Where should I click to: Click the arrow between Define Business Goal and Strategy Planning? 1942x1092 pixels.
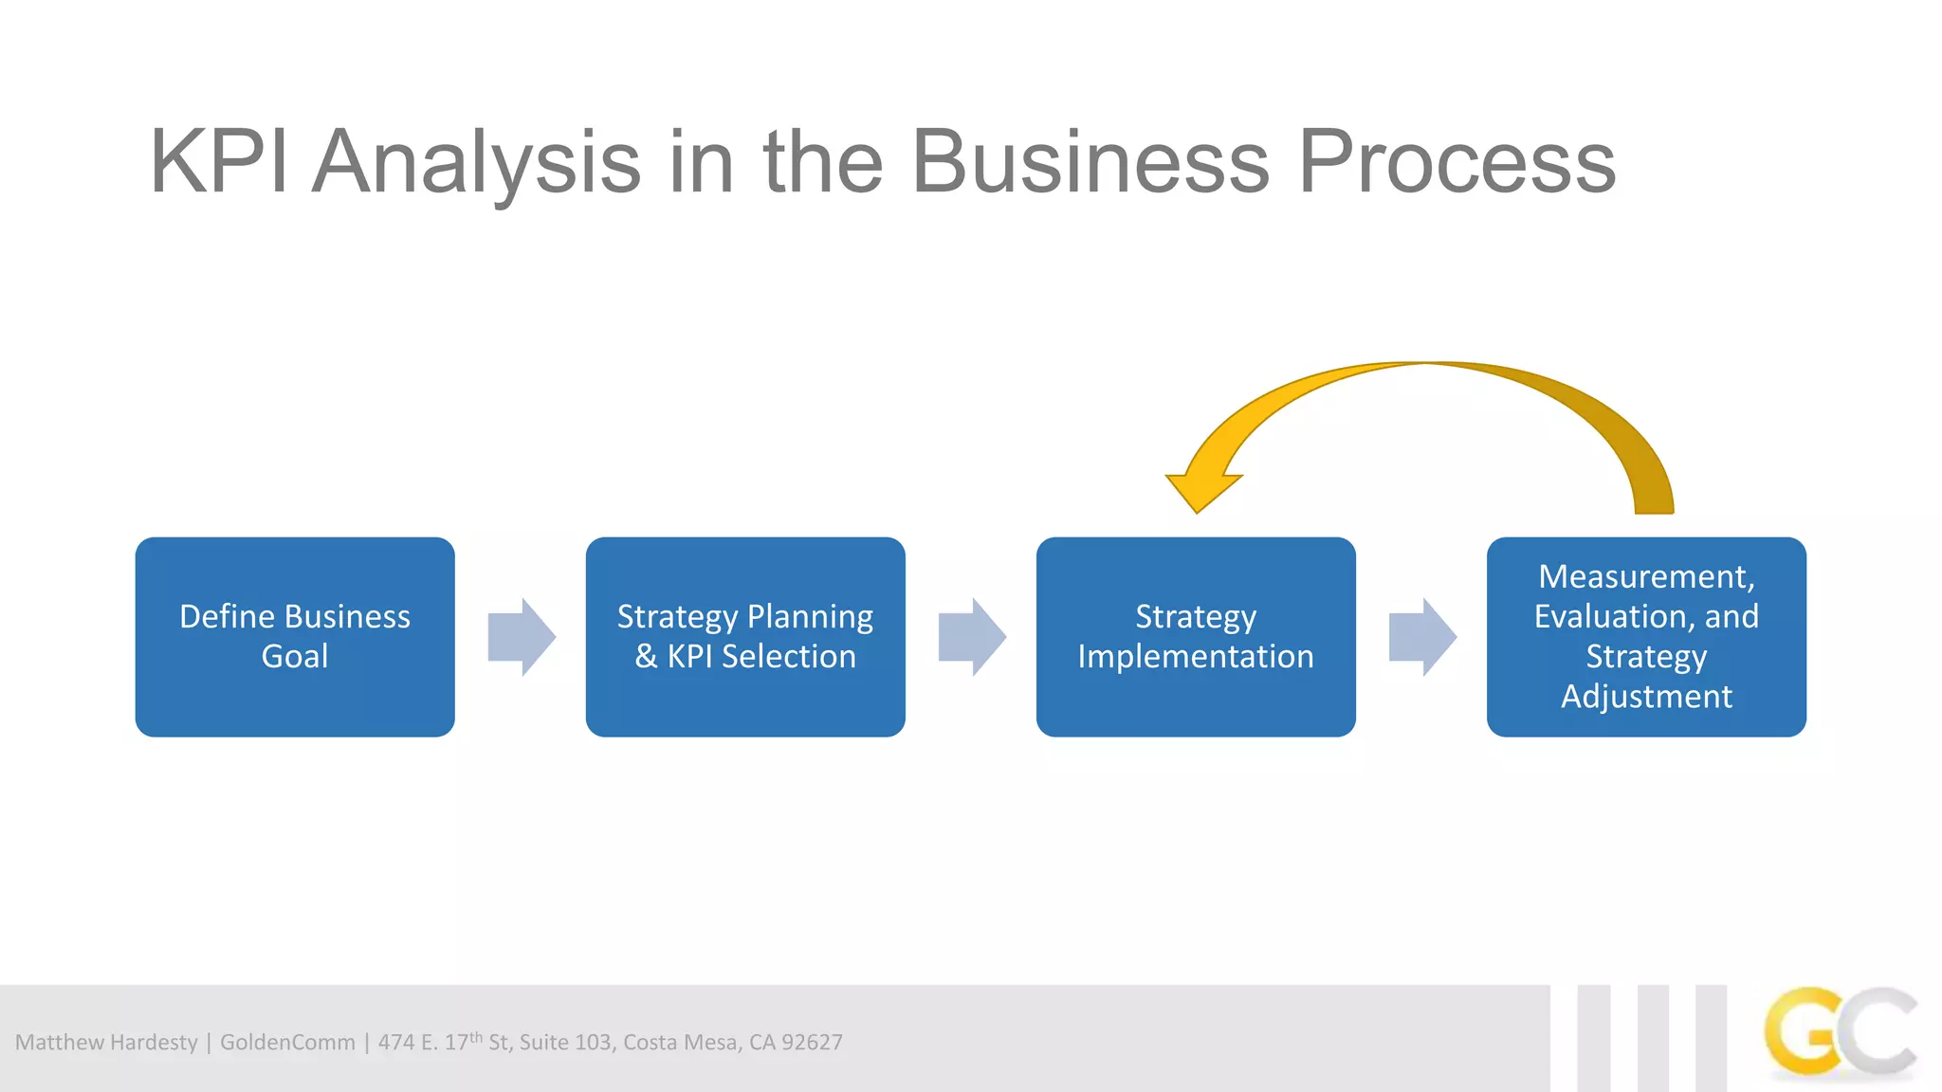point(522,637)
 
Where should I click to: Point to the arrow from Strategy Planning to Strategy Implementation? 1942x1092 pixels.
point(972,637)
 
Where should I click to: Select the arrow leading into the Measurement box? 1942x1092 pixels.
point(1422,637)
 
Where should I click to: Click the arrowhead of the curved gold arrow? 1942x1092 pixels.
point(1200,488)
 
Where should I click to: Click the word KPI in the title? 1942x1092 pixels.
point(219,163)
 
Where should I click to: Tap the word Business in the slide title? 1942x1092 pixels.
point(1090,163)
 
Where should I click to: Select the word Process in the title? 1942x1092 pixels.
point(1456,163)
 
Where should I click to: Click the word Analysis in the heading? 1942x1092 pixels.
point(476,163)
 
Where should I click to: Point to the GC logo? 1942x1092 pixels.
point(1840,1033)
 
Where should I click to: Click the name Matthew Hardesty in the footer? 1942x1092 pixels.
point(106,1043)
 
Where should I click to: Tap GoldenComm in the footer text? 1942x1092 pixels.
point(287,1043)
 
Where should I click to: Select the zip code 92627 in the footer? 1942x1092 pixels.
point(812,1043)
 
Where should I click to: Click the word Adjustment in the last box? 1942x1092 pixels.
point(1646,697)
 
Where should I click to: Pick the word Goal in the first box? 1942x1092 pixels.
point(295,657)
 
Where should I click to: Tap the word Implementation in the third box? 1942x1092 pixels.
point(1196,657)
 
